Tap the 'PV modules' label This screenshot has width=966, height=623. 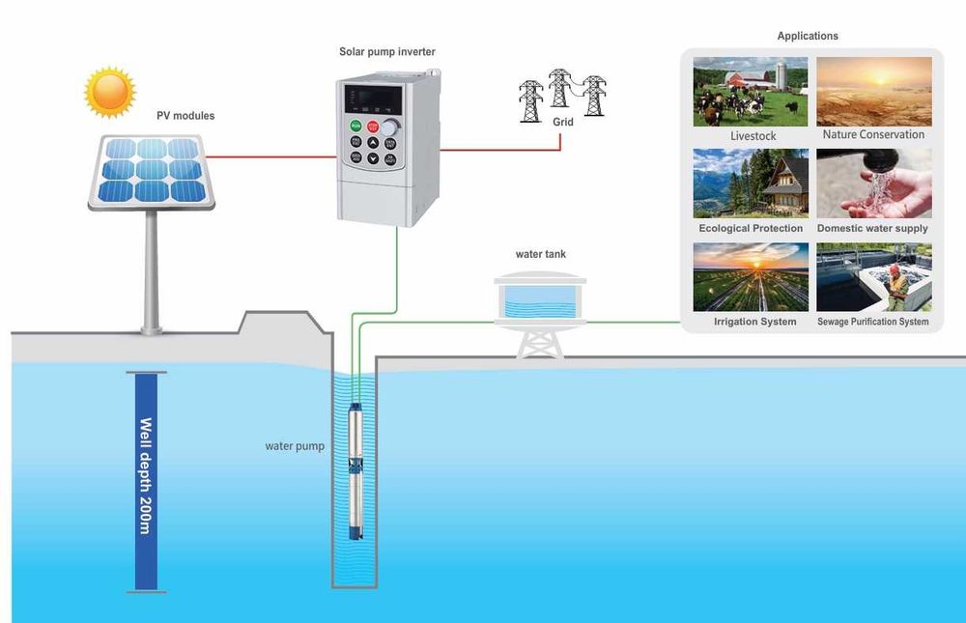point(185,116)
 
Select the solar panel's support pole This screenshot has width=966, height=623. point(151,270)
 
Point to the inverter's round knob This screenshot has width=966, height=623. point(389,127)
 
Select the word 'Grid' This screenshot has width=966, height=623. point(563,123)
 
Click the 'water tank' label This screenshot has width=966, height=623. point(540,254)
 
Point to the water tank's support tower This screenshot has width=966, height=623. point(540,343)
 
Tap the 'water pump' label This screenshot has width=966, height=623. point(295,446)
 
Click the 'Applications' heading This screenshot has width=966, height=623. point(808,36)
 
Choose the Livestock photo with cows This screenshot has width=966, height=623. point(751,92)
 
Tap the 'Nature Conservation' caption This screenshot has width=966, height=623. point(873,135)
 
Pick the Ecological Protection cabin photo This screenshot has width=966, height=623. point(751,184)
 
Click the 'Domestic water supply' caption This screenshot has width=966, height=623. point(872,229)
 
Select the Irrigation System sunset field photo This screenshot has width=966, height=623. point(751,276)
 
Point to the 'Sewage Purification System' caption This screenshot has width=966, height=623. point(873,322)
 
